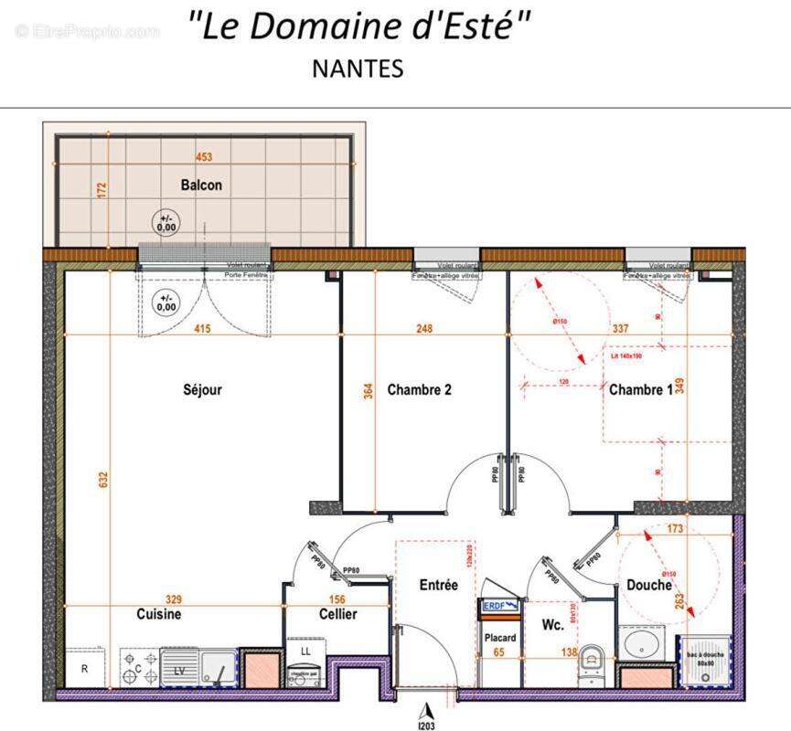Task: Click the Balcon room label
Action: coord(201,185)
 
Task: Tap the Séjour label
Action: coord(201,389)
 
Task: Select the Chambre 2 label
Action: coord(420,389)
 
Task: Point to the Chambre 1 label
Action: coord(640,389)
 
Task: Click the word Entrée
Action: coord(438,585)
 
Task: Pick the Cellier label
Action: coord(337,614)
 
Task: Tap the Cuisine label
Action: coord(159,614)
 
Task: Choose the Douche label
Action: coord(649,585)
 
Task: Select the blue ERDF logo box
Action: coord(499,605)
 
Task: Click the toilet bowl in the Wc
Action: coord(593,660)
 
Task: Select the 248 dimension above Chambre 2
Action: coord(422,329)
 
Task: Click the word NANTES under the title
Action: coord(358,69)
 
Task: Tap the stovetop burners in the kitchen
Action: coord(139,667)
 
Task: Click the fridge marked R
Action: coord(85,668)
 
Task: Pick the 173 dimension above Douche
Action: coord(677,529)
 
